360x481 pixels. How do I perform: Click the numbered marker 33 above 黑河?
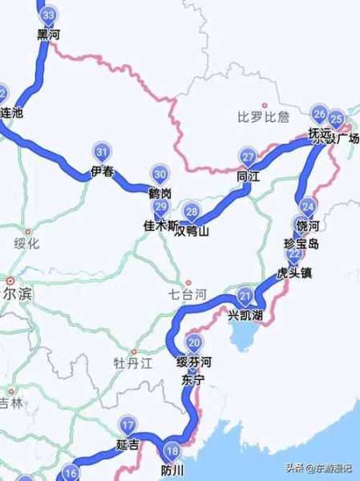[49, 15]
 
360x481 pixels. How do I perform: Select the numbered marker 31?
[102, 152]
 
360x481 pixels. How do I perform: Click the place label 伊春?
[102, 171]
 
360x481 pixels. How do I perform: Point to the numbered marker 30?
[160, 175]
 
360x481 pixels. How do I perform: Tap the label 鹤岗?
[160, 193]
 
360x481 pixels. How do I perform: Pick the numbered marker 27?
[249, 156]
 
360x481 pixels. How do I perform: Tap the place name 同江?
[249, 176]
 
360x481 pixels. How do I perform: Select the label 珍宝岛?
[301, 243]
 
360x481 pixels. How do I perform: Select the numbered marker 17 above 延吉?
[127, 425]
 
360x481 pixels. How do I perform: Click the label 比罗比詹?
[263, 118]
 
